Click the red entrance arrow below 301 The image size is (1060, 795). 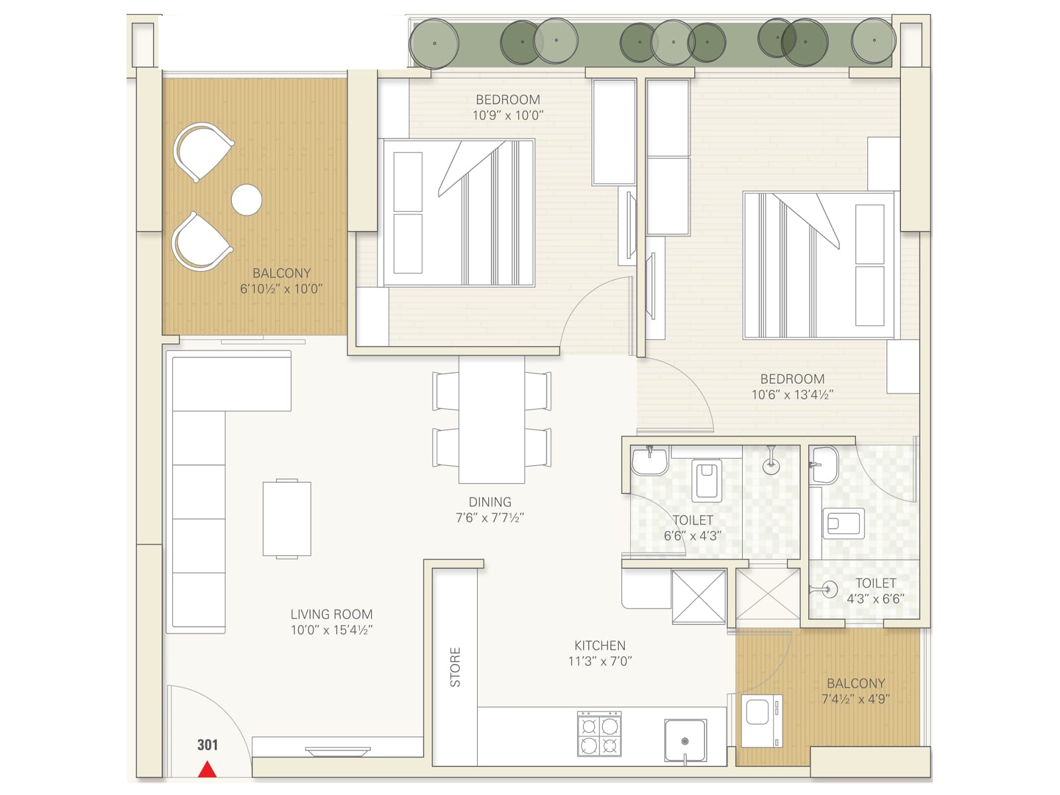(x=207, y=769)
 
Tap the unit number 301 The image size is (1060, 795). (x=207, y=745)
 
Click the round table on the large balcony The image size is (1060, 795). (x=246, y=199)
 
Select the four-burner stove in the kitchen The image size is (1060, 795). (x=600, y=734)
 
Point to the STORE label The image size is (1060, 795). (x=455, y=666)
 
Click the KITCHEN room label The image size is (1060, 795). (x=600, y=645)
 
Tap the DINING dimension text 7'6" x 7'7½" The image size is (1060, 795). (x=490, y=518)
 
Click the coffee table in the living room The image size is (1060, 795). (x=287, y=519)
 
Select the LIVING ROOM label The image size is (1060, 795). (x=331, y=614)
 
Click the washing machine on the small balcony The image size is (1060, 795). (x=761, y=721)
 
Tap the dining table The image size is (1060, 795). (x=492, y=419)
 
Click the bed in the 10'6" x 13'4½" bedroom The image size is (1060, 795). (x=819, y=265)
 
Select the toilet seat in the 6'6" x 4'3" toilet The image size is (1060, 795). (x=706, y=480)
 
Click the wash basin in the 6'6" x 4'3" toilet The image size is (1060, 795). (x=649, y=460)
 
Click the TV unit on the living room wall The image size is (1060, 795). (x=338, y=751)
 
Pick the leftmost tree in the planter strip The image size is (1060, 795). (x=434, y=43)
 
